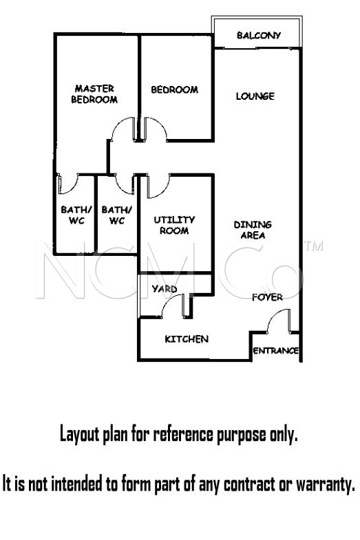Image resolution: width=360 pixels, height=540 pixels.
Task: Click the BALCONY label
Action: click(x=259, y=35)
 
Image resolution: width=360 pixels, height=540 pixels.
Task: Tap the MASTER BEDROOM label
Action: click(x=94, y=94)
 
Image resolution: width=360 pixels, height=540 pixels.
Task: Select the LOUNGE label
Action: click(x=255, y=96)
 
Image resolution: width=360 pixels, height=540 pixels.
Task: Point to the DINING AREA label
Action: click(x=253, y=230)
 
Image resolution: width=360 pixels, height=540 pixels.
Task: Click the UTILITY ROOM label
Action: click(x=174, y=225)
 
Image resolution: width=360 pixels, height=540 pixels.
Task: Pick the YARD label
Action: click(x=165, y=289)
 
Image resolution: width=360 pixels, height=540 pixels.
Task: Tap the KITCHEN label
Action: click(x=187, y=339)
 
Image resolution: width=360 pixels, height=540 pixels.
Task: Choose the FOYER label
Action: click(x=267, y=297)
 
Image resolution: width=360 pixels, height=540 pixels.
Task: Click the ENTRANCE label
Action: click(x=275, y=351)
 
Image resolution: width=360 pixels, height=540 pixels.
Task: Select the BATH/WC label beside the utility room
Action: click(x=117, y=215)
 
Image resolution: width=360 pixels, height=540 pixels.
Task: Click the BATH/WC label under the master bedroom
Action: click(x=76, y=215)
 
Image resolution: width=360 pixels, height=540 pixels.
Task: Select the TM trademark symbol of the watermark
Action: click(x=313, y=246)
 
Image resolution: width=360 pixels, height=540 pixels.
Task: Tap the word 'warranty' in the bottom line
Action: click(x=326, y=484)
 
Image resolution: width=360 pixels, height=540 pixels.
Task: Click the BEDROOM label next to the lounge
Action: click(x=175, y=89)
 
